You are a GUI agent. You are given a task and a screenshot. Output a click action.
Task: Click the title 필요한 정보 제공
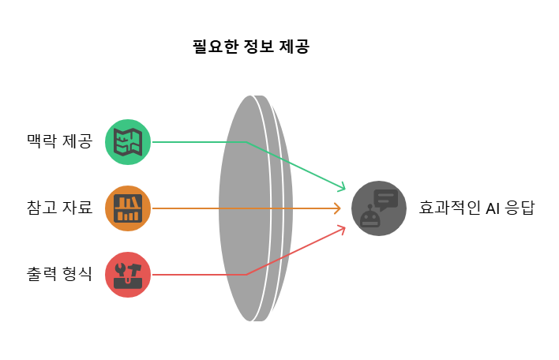(251, 47)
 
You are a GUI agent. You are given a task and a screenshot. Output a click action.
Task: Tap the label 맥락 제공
(59, 142)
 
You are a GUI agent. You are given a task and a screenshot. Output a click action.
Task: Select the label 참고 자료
(59, 208)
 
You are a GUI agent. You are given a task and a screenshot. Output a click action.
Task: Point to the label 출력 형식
(59, 275)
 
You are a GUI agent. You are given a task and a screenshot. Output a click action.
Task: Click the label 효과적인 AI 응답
(476, 208)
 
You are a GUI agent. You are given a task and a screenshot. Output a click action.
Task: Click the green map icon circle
(128, 142)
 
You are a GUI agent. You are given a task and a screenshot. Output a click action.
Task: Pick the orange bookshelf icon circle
(128, 208)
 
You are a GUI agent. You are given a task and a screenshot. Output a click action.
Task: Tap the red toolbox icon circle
(128, 275)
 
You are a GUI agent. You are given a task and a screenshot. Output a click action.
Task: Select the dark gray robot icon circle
(379, 208)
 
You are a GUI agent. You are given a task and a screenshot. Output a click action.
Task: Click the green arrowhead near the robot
(342, 188)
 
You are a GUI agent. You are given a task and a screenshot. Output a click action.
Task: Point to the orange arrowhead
(337, 208)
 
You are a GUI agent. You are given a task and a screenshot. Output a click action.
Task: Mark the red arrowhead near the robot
(342, 229)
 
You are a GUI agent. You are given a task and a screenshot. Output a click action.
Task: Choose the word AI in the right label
(494, 208)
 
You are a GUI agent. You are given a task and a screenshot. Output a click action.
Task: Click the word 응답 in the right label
(521, 208)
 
